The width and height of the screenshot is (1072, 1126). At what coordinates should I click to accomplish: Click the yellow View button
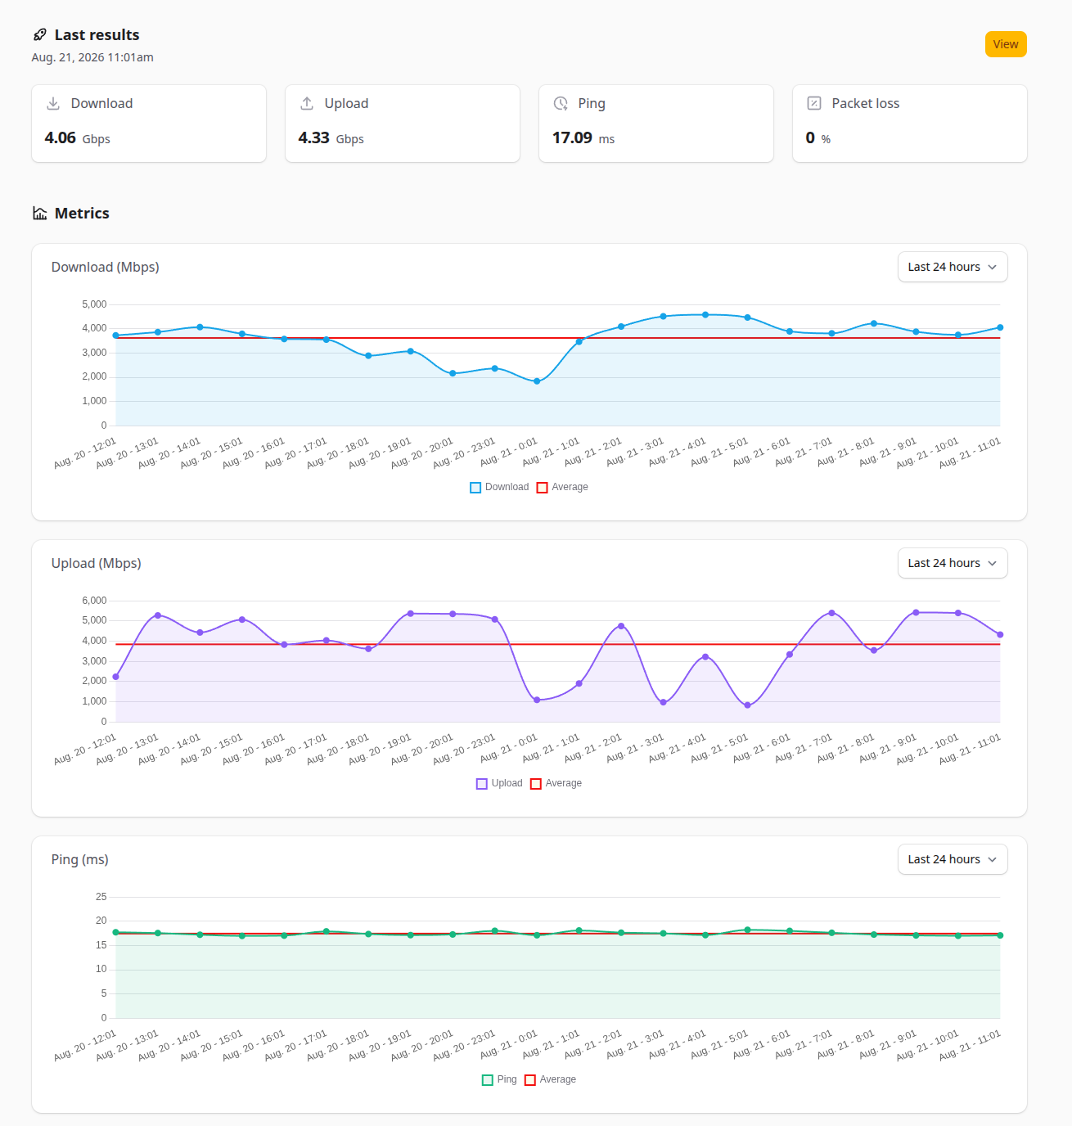1006,44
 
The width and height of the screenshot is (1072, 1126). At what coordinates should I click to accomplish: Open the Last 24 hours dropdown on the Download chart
953,267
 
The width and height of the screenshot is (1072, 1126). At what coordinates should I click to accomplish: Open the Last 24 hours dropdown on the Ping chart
953,859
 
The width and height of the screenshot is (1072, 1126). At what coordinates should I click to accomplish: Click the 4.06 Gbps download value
78,138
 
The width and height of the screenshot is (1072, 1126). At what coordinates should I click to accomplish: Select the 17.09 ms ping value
583,138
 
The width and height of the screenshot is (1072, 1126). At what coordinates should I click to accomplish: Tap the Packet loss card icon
814,103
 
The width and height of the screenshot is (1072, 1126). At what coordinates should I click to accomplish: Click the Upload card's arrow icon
307,103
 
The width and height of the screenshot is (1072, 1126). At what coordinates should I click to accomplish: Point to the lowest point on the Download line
537,381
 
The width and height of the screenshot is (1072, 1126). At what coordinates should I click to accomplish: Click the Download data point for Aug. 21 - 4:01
705,315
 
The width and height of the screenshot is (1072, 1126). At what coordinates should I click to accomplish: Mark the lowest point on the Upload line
747,705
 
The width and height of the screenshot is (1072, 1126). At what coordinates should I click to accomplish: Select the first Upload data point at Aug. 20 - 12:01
115,677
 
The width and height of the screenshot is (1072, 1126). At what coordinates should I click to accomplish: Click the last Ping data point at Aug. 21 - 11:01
1000,935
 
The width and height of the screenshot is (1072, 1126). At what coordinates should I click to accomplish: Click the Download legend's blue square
475,488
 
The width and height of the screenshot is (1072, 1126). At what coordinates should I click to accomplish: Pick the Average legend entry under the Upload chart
556,783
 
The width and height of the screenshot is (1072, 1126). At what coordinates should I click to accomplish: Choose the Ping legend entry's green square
488,1079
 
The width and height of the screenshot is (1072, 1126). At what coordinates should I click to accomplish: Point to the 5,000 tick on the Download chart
94,304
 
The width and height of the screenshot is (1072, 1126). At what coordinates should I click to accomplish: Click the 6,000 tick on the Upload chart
94,600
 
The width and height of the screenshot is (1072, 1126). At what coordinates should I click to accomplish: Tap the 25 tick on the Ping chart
101,896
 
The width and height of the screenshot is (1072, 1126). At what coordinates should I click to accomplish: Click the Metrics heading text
82,213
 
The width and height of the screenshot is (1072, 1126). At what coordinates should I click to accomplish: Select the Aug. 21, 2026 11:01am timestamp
92,57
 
